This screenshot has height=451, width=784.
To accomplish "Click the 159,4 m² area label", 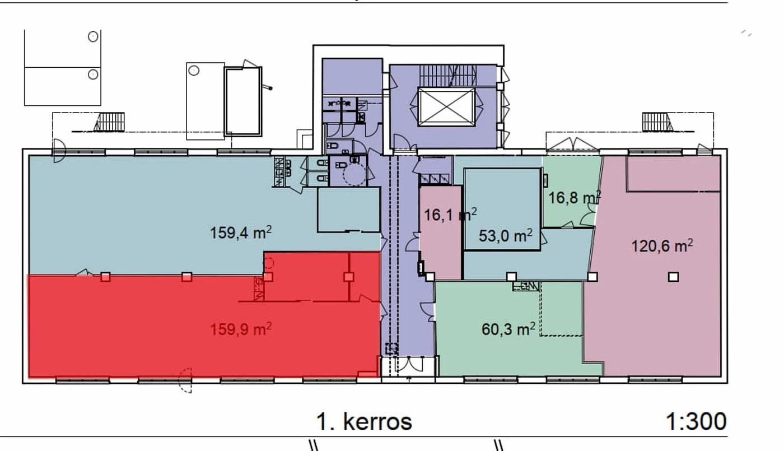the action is click(x=241, y=232).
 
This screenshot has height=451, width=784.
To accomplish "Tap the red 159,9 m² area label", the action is click(x=241, y=329).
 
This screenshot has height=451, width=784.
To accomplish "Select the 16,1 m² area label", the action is click(x=450, y=214).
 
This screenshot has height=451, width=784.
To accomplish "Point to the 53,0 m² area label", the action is click(x=505, y=235).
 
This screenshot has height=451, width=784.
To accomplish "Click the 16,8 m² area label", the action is click(x=575, y=197).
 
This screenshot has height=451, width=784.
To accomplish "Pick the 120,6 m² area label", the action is click(x=662, y=246).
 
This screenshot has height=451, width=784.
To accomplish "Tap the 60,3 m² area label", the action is click(x=508, y=329).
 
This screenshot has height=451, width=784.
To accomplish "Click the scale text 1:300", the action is click(x=696, y=421).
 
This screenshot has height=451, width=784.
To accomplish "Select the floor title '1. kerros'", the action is click(x=364, y=421).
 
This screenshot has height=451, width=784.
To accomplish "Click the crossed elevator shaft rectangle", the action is click(x=446, y=107).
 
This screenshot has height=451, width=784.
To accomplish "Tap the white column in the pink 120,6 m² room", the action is click(x=673, y=277).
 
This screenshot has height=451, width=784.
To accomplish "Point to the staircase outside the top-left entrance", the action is click(x=109, y=122).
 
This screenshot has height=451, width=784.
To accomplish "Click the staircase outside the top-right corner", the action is click(x=657, y=122).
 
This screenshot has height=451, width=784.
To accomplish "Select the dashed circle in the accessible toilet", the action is click(x=354, y=175).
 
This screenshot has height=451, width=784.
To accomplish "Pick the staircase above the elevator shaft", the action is click(x=447, y=76).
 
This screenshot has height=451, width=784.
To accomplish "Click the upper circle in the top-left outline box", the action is click(x=93, y=36).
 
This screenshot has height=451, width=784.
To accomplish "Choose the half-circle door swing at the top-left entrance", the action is click(x=59, y=151).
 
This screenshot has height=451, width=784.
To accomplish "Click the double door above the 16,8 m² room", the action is click(x=572, y=145).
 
